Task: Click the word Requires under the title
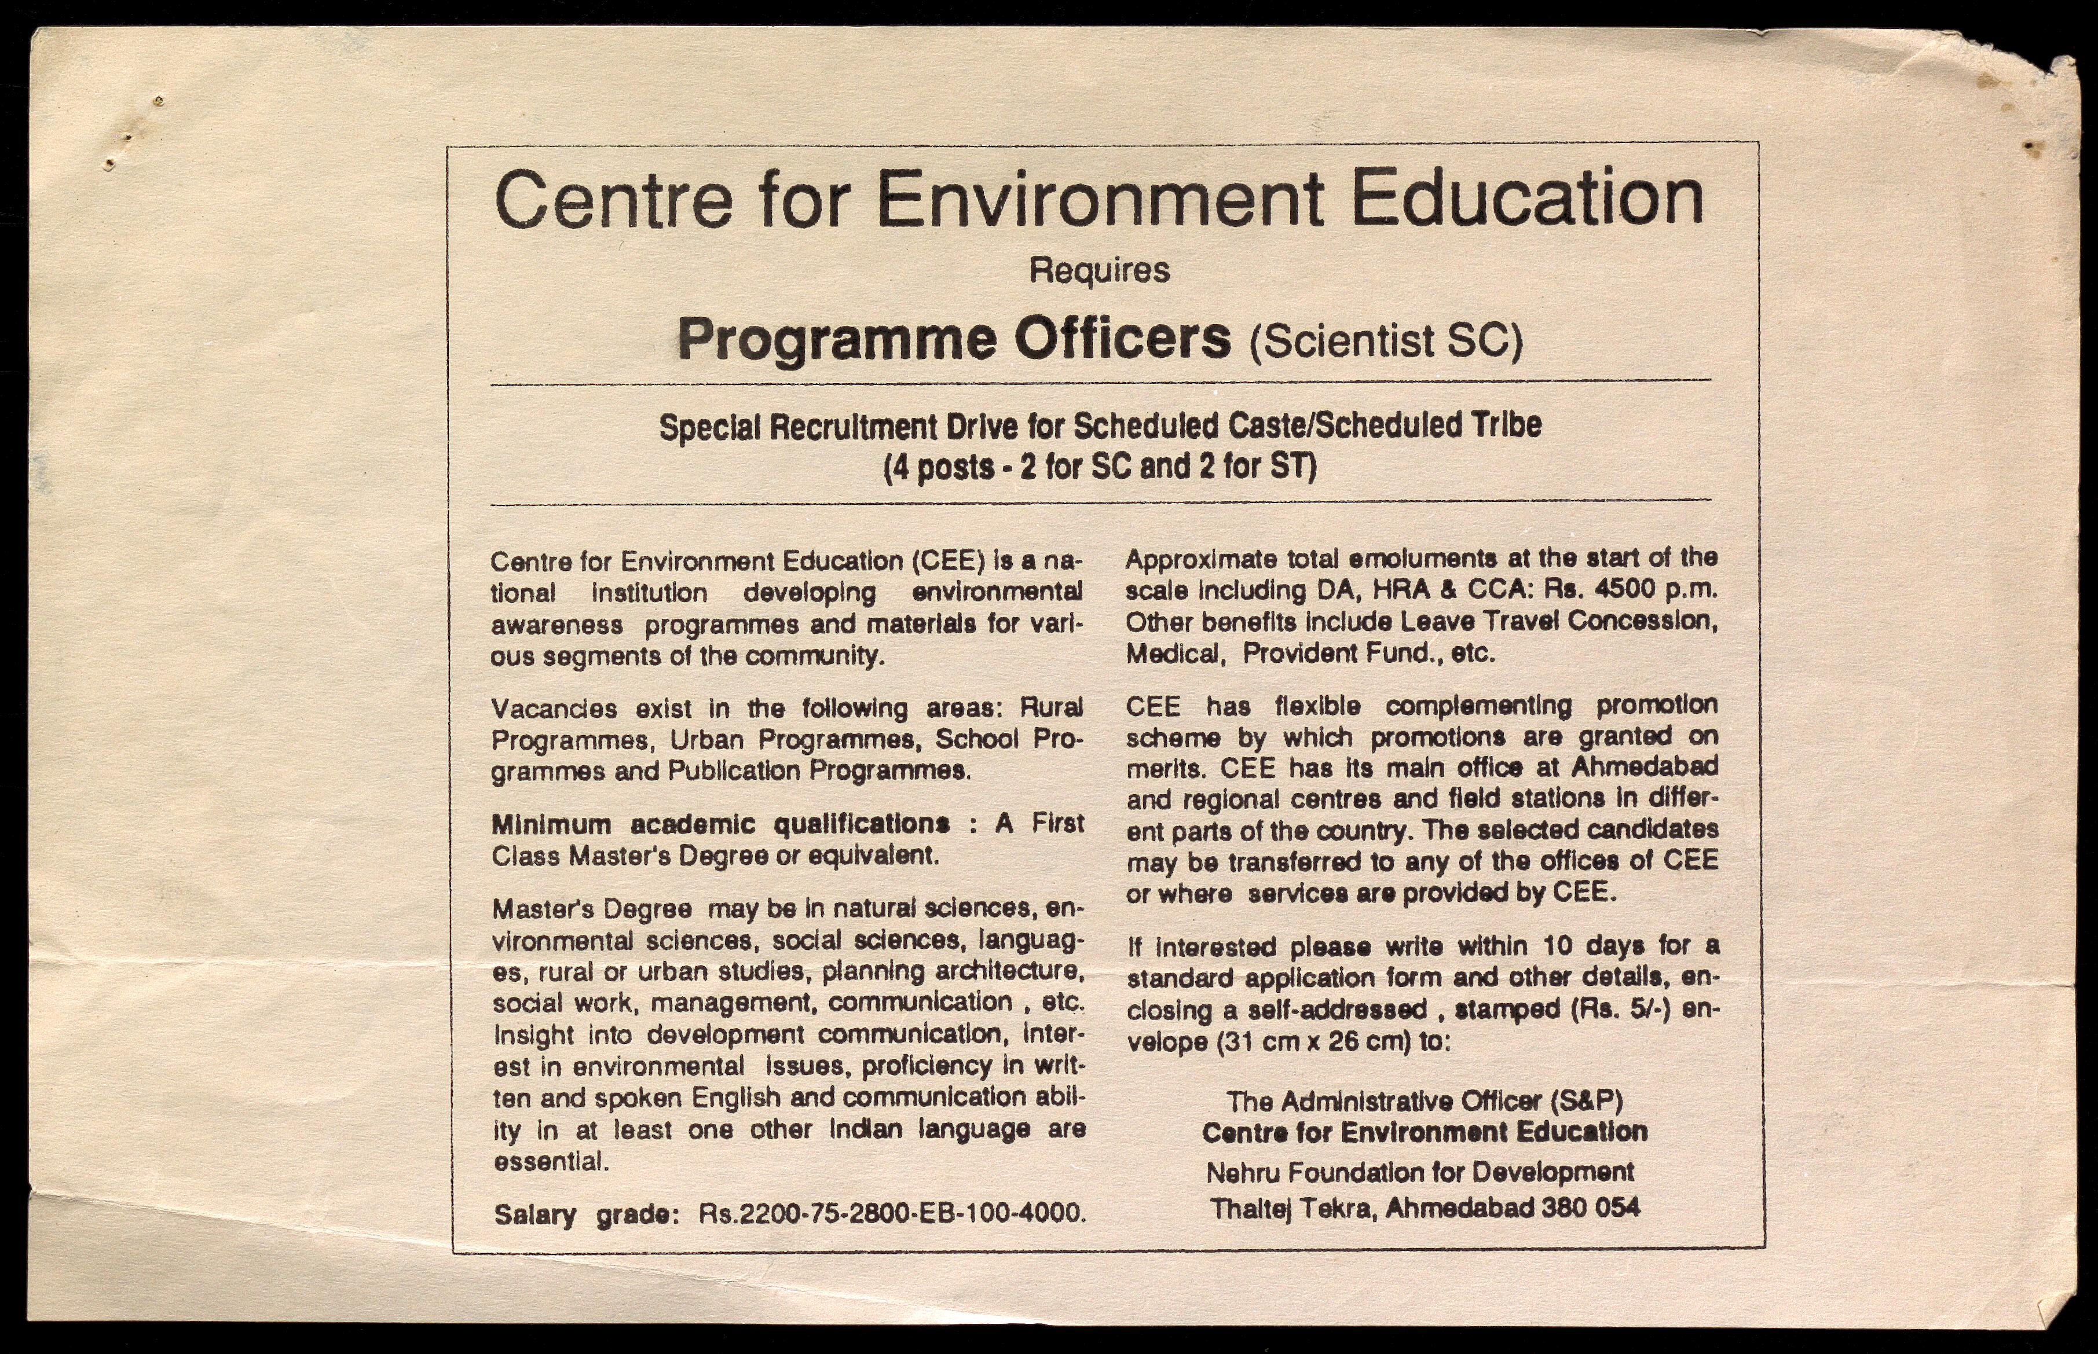(1099, 270)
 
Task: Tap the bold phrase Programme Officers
(954, 339)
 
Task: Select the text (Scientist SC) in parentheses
(1386, 341)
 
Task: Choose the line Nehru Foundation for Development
(1420, 1172)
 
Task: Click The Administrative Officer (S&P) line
(1425, 1101)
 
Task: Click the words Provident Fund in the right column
(1341, 653)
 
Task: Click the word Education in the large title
(1526, 198)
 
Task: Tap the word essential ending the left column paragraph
(551, 1161)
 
